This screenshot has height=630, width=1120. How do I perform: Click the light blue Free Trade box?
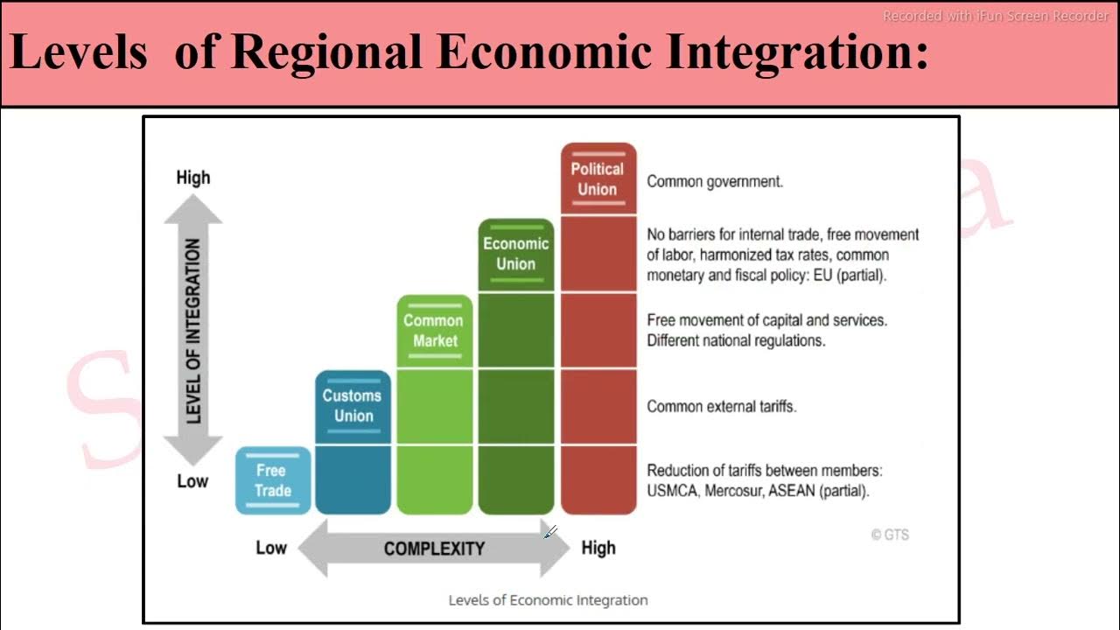tap(272, 480)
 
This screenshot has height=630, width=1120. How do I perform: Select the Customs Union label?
tap(353, 406)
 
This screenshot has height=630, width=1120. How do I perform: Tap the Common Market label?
tap(434, 331)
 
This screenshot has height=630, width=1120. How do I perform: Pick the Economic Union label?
tap(515, 254)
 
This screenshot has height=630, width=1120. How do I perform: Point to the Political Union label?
tap(598, 178)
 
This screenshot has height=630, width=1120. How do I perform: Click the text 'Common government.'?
tap(714, 182)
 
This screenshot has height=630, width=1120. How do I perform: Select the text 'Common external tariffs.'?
tap(721, 406)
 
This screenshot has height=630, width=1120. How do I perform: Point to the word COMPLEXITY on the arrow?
tap(434, 549)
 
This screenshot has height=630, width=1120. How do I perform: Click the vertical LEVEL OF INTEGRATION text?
tap(193, 332)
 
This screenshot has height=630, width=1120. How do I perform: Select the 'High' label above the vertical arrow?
tap(193, 178)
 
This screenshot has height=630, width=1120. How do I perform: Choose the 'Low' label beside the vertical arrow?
tap(192, 481)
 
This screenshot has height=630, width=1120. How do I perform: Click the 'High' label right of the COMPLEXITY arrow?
tap(598, 549)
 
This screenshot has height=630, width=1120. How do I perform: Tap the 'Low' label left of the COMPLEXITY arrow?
tap(271, 549)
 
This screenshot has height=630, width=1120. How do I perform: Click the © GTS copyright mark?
tap(890, 535)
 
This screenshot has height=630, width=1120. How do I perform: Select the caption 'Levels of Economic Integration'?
tap(548, 600)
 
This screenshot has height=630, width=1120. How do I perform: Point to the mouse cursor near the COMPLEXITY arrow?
tap(549, 533)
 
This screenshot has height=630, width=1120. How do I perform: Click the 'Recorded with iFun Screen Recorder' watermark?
tap(996, 16)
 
